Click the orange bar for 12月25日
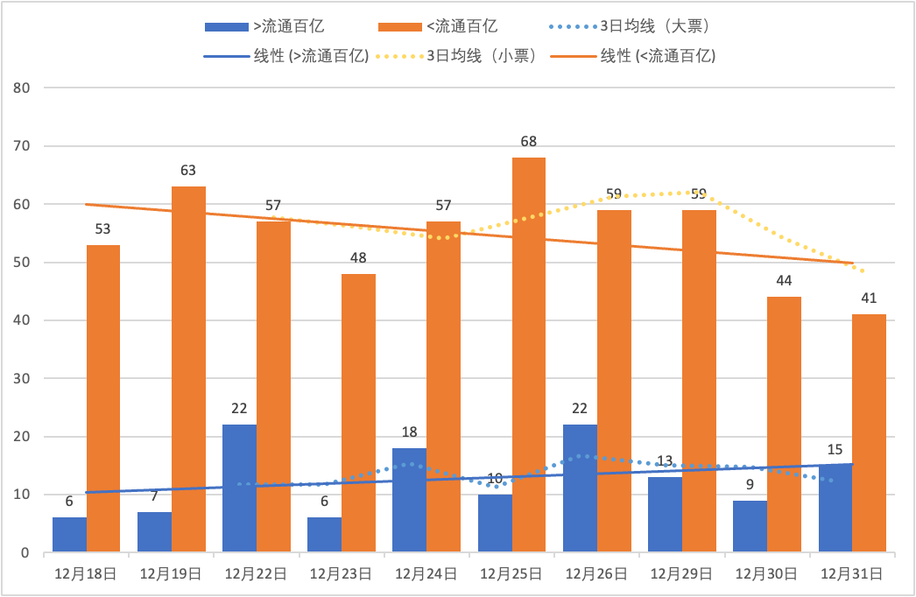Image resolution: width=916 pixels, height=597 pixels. [529, 355]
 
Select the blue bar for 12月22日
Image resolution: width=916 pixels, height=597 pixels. [239, 488]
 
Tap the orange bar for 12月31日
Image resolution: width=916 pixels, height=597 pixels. [870, 433]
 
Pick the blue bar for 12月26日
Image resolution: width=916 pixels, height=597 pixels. [580, 488]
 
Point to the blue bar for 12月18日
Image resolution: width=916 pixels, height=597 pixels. [69, 535]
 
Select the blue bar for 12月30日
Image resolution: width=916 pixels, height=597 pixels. [750, 526]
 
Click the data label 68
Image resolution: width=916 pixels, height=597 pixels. [528, 142]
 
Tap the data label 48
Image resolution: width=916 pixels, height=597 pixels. [358, 258]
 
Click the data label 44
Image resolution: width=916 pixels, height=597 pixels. [784, 281]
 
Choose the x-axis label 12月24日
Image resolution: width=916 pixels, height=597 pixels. [426, 574]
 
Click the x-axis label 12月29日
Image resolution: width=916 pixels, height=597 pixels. [681, 574]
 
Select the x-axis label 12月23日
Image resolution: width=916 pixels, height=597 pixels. [342, 574]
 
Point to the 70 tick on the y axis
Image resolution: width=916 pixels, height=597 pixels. [23, 146]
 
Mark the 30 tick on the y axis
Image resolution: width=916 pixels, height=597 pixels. [23, 379]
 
